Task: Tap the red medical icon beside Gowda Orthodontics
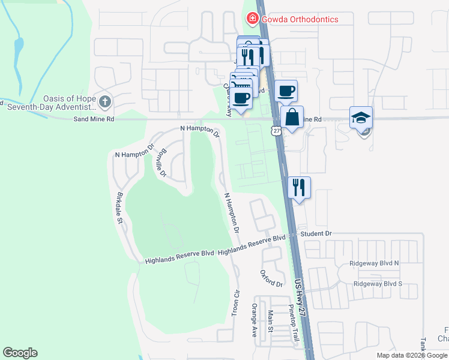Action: [x=253, y=19]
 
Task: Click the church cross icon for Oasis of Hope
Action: [x=105, y=101]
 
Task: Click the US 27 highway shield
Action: [x=276, y=130]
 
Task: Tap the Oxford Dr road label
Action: [x=271, y=278]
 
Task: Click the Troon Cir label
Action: [x=235, y=305]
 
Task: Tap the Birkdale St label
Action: [x=120, y=208]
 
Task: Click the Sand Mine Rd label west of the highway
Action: [x=94, y=119]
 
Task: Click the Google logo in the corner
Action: [x=20, y=353]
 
